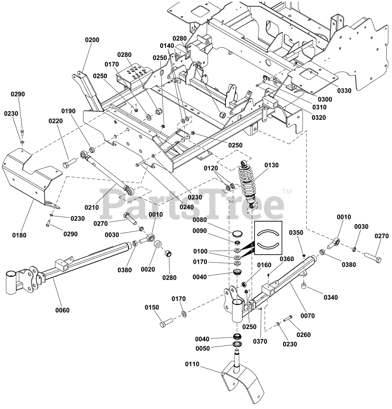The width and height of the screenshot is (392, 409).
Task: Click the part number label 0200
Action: (92, 40)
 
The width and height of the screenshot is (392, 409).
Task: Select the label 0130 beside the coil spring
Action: (271, 165)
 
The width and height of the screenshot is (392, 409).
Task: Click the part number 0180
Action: (19, 235)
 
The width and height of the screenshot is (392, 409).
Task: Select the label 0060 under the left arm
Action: (62, 310)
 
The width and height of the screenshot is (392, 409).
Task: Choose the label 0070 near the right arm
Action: (308, 316)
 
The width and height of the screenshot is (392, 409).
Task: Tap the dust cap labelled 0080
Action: (237, 233)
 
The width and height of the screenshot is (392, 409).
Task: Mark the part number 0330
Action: (344, 90)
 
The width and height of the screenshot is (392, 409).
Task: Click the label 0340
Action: (331, 297)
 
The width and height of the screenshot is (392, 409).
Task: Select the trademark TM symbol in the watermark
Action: (286, 192)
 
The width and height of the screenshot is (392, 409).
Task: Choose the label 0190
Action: (69, 111)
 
